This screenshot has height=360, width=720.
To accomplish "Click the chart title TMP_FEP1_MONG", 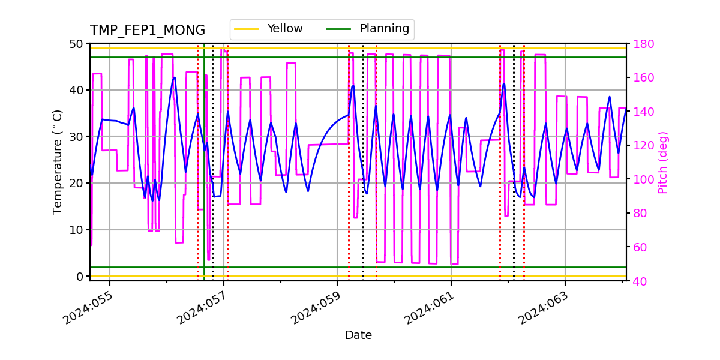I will click(147, 31).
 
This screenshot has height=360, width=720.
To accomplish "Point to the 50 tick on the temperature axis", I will click(77, 44).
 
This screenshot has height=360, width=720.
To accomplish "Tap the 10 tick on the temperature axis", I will click(77, 230).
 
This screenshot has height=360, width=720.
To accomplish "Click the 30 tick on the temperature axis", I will click(77, 137).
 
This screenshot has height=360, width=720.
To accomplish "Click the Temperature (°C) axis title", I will click(58, 162).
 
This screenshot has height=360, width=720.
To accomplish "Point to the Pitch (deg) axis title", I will click(662, 162).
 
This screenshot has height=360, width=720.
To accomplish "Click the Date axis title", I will click(358, 335).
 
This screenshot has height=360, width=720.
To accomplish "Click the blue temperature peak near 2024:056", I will click(175, 77).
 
